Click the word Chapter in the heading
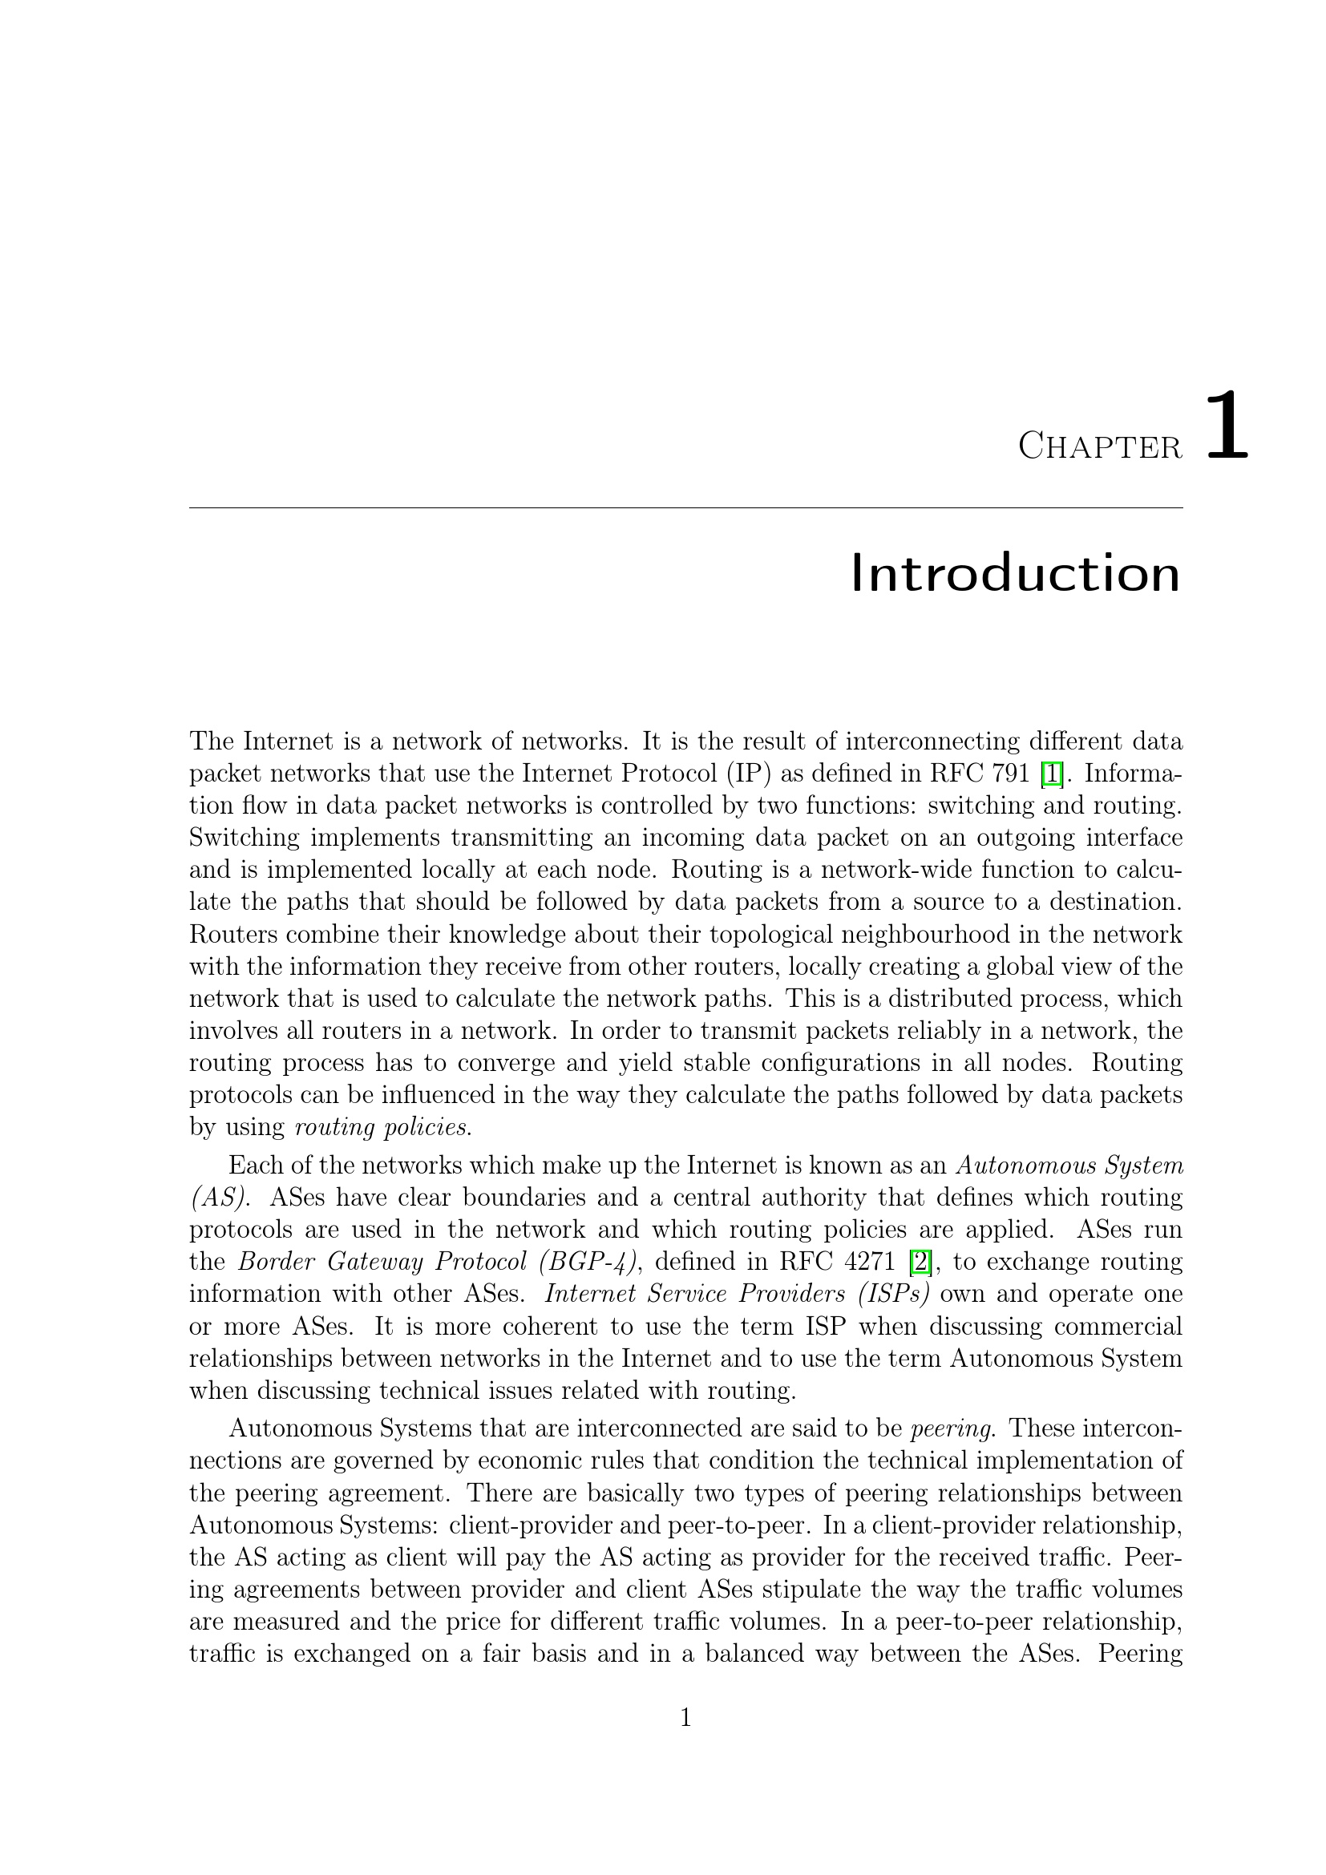click(x=1099, y=447)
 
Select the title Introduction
click(x=1015, y=573)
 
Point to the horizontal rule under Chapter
click(x=686, y=508)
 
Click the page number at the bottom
click(x=686, y=1719)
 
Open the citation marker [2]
click(x=920, y=1262)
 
